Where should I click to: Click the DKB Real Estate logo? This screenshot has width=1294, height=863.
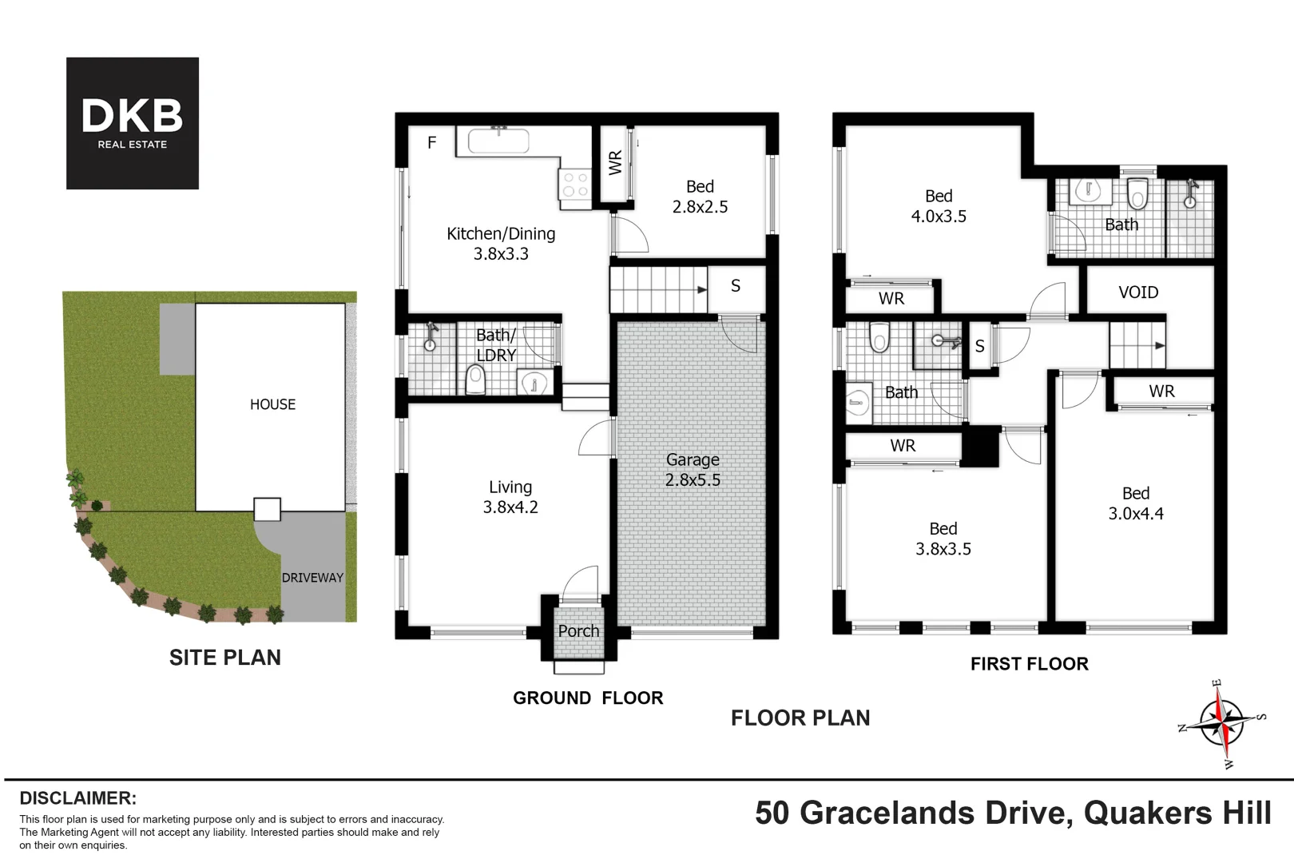coord(133,123)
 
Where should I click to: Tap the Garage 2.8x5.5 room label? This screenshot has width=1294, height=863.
coord(693,469)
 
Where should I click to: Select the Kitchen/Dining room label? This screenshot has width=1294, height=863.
coord(501,244)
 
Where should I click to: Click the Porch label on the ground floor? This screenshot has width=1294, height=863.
coord(578,630)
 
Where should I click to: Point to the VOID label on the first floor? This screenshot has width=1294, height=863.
coord(1138,292)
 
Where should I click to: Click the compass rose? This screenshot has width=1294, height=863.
coord(1221,722)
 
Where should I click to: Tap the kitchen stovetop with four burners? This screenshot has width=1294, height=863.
coord(575,185)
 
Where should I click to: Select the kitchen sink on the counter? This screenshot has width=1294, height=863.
coord(498,140)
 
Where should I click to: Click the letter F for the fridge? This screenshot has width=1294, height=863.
coord(431,142)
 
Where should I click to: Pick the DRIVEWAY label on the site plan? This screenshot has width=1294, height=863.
coord(312,578)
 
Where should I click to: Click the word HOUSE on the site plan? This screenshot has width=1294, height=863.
coord(272,404)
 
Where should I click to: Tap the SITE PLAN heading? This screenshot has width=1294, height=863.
coord(225,657)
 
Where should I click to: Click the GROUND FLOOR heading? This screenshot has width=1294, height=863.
coord(588,698)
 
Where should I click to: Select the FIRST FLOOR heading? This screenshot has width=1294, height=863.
coord(1030,663)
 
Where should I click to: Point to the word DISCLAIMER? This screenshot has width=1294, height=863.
coord(78,797)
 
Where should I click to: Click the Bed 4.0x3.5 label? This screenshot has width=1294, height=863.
coord(939,206)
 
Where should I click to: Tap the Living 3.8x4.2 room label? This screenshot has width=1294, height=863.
coord(510,497)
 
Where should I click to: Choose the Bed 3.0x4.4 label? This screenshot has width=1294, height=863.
coord(1136,503)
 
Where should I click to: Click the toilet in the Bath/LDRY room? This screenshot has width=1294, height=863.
coord(475,379)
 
